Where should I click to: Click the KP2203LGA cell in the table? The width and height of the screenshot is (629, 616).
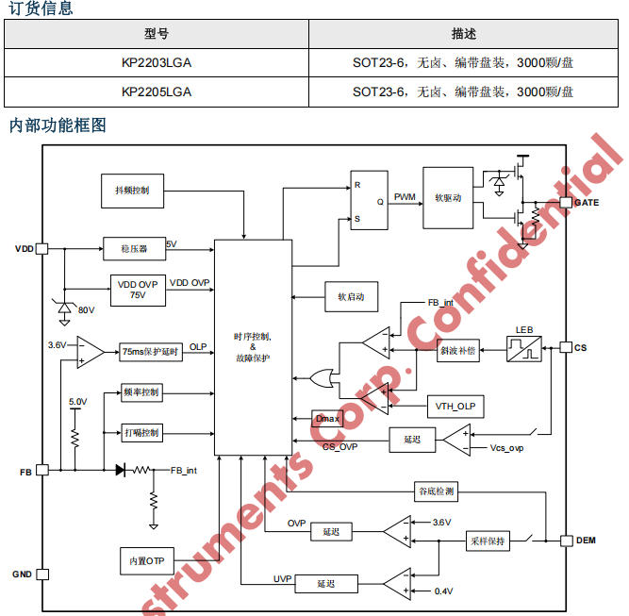tap(157, 64)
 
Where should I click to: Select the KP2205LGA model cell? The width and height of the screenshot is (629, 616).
tap(157, 92)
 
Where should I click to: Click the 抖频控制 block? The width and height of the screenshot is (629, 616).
tap(132, 190)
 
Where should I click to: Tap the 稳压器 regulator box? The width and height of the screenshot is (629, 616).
tap(134, 249)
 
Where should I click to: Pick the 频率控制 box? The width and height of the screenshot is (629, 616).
tap(141, 392)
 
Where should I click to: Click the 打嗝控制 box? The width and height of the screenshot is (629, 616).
tap(141, 433)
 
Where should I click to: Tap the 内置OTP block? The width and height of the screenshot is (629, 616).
tap(146, 560)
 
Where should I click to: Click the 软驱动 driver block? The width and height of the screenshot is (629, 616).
tap(448, 198)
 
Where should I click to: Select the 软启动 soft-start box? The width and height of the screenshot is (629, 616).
tap(351, 296)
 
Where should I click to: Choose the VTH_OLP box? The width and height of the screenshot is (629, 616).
tap(455, 407)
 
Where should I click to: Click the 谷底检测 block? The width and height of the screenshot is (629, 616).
tap(436, 491)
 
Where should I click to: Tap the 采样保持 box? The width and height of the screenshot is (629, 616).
tap(488, 541)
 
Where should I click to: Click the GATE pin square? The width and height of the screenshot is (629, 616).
tap(566, 202)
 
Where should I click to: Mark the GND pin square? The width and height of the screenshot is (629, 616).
tap(41, 574)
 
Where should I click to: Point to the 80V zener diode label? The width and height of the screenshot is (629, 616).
tap(86, 309)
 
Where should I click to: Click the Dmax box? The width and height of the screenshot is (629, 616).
tap(326, 417)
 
